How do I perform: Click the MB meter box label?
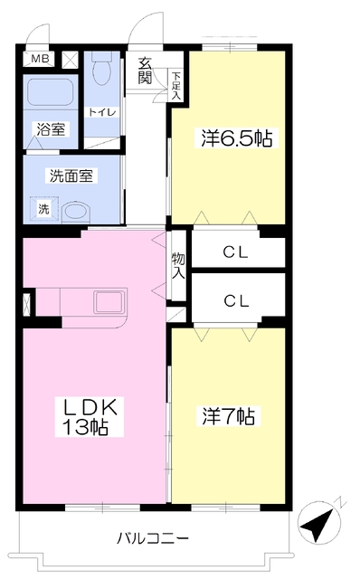coord(40,59)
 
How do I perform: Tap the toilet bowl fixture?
coord(101,68)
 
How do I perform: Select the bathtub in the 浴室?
coord(51,92)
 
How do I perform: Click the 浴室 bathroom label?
coord(51,129)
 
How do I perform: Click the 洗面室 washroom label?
coord(71,176)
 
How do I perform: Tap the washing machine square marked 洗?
coord(44,209)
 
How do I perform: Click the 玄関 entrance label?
coord(145,71)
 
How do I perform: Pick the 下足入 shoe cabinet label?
coord(176,86)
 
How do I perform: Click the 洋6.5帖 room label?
coord(236,138)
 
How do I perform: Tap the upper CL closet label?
coord(235,252)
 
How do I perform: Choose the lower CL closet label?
coord(236,301)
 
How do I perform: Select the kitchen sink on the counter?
coord(109,302)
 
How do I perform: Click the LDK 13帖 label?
coord(90,416)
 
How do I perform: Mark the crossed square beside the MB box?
coord(70,60)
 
